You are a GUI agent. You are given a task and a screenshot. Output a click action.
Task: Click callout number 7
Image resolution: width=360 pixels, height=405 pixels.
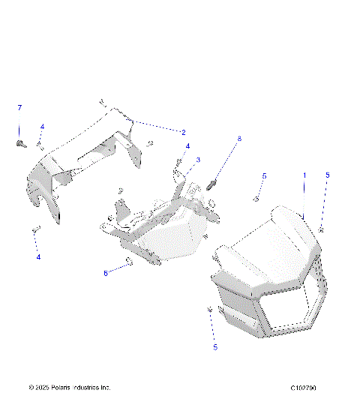[x=20, y=108]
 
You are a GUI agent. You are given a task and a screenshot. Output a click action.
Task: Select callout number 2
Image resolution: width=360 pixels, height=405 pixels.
[x=183, y=131]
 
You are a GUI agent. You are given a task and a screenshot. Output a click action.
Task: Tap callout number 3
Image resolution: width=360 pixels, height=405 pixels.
[x=198, y=160]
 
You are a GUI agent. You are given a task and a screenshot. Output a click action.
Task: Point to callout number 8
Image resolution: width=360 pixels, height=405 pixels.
[x=239, y=138]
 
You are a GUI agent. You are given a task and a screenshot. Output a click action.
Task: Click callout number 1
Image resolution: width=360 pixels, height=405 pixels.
[x=304, y=175]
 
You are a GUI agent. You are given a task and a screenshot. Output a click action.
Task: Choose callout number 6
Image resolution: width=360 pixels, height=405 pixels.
[x=106, y=273]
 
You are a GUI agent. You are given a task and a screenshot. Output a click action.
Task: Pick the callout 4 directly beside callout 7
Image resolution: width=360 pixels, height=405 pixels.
[x=42, y=127]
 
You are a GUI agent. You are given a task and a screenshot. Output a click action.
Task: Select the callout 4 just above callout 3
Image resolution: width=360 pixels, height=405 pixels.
[x=187, y=146]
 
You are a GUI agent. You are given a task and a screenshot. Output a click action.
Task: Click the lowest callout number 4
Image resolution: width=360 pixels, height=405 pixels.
[x=38, y=257]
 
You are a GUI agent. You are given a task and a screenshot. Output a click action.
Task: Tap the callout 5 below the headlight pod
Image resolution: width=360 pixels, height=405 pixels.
[x=215, y=347]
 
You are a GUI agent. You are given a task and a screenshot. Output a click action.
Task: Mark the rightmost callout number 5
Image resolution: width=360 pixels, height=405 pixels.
[x=327, y=175]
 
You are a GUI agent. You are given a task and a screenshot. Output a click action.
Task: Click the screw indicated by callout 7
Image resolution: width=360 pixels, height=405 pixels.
[x=20, y=142]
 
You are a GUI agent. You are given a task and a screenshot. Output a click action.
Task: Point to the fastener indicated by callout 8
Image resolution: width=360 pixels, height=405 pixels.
[x=213, y=182]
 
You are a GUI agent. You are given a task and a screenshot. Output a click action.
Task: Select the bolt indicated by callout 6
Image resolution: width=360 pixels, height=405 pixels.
[x=129, y=261]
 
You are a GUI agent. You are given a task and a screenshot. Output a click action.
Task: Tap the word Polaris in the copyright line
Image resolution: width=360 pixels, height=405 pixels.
[x=61, y=388]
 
